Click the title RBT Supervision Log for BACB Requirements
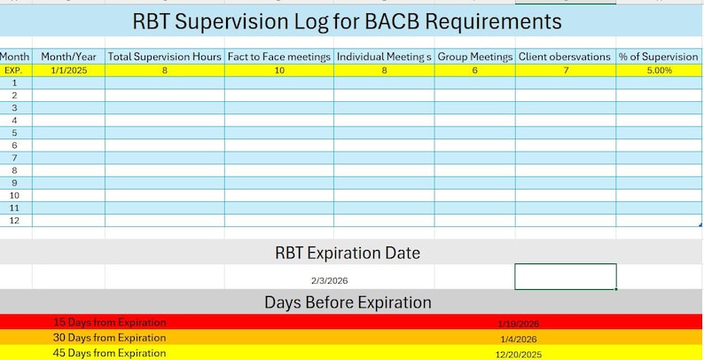click(347, 20)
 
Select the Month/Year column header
click(68, 57)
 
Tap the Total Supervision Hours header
click(164, 57)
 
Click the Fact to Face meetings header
click(279, 57)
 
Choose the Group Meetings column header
click(474, 57)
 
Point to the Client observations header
click(565, 57)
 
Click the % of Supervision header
click(658, 57)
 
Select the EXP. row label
click(13, 69)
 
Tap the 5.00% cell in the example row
click(658, 69)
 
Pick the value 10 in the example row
click(279, 69)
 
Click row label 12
click(13, 220)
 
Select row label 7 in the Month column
click(13, 157)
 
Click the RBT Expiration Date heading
click(347, 253)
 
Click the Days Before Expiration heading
click(347, 302)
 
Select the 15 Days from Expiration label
click(109, 323)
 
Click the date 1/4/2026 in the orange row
click(519, 339)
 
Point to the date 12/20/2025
click(519, 354)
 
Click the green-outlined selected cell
click(565, 277)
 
